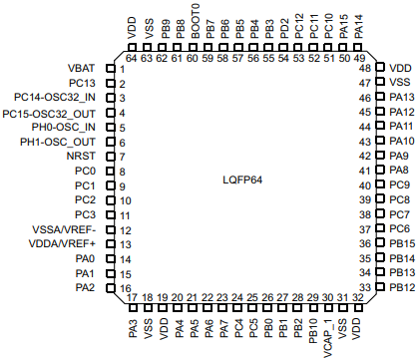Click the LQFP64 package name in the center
pos(242,180)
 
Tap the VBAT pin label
pos(82,68)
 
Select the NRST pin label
pos(81,156)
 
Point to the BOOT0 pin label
pos(196,21)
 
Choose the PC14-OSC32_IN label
pos(55,98)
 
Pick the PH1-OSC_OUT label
pos(58,142)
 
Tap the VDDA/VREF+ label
pos(62,243)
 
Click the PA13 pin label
pos(402,97)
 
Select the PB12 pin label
pos(402,287)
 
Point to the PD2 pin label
pos(283,29)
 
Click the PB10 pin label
pos(313,331)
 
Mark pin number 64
pos(132,59)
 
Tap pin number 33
pos(365,287)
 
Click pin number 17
pos(132,297)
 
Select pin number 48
pos(365,69)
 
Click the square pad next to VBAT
pos(111,68)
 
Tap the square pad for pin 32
pos(358,308)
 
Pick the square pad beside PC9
pos(380,184)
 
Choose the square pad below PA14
pos(358,47)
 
